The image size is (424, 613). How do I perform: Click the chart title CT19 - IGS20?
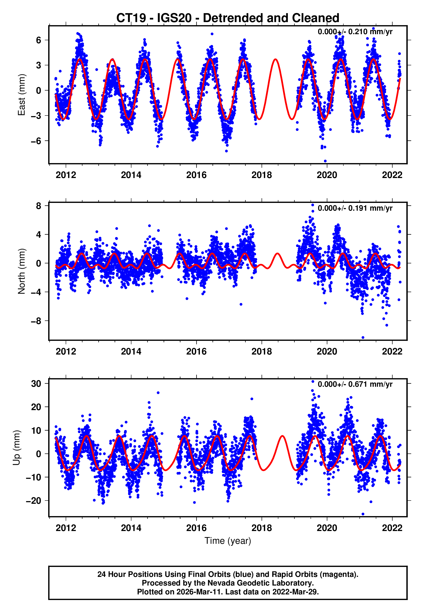228,18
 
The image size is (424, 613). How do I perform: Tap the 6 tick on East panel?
39,40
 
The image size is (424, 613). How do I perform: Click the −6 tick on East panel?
36,141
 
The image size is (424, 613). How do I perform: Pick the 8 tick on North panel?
39,206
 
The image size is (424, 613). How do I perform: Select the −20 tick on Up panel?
33,501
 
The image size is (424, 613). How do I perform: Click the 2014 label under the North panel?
131,351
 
